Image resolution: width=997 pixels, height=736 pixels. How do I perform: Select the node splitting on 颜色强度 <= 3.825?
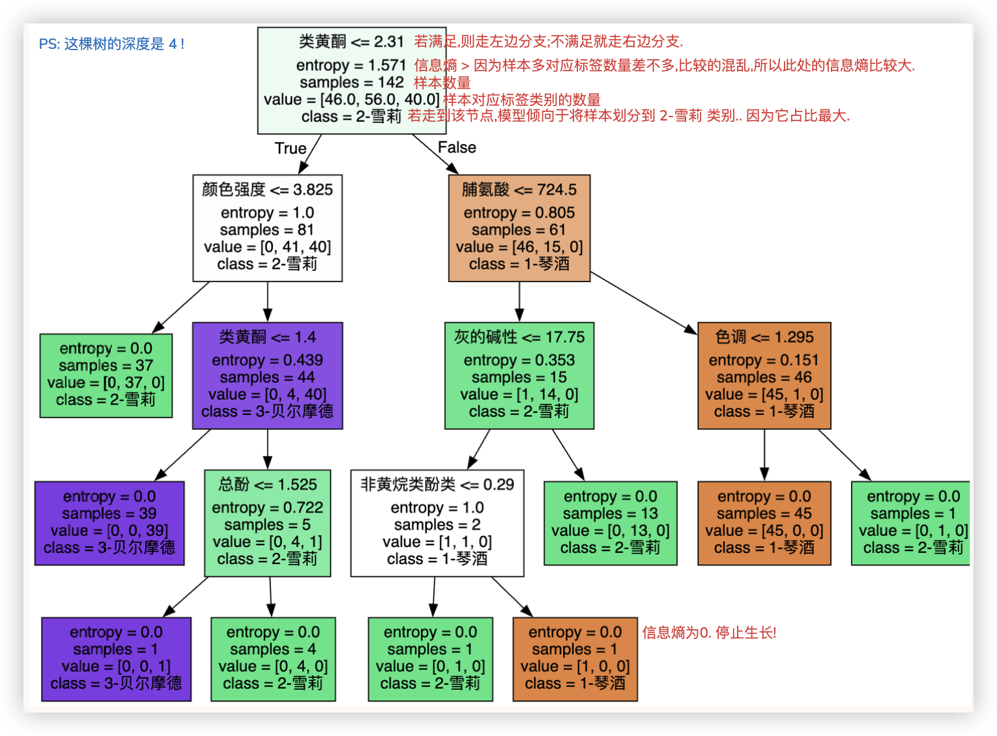[267, 228]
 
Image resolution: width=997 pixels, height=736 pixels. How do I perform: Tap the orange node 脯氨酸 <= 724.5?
[519, 228]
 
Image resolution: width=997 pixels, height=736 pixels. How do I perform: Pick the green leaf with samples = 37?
[106, 376]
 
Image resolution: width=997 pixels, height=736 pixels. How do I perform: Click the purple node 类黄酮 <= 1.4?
[267, 376]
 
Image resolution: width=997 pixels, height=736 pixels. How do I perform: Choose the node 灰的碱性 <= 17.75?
[519, 376]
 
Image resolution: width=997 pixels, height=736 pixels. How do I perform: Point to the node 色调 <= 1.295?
[764, 376]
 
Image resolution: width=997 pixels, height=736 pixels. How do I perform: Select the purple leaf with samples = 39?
[109, 523]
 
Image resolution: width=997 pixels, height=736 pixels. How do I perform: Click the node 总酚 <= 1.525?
[267, 523]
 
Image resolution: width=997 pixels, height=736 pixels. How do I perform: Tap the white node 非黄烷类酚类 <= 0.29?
[437, 523]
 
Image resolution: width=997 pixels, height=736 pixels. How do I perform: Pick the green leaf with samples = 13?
[611, 523]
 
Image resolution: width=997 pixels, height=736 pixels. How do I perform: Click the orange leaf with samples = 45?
[764, 523]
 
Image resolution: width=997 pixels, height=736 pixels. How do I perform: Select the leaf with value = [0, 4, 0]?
[273, 659]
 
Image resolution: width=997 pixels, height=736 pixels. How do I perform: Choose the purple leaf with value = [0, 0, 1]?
[116, 659]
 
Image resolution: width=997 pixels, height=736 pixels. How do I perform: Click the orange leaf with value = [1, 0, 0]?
[575, 659]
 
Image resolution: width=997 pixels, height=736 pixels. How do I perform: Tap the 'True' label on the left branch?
[291, 149]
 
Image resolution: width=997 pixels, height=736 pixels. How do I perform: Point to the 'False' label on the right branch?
[457, 148]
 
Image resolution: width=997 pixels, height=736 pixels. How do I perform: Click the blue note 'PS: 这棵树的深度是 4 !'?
[111, 44]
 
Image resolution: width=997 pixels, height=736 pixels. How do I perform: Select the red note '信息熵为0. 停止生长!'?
[709, 632]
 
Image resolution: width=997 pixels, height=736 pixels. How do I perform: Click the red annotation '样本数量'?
[442, 83]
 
